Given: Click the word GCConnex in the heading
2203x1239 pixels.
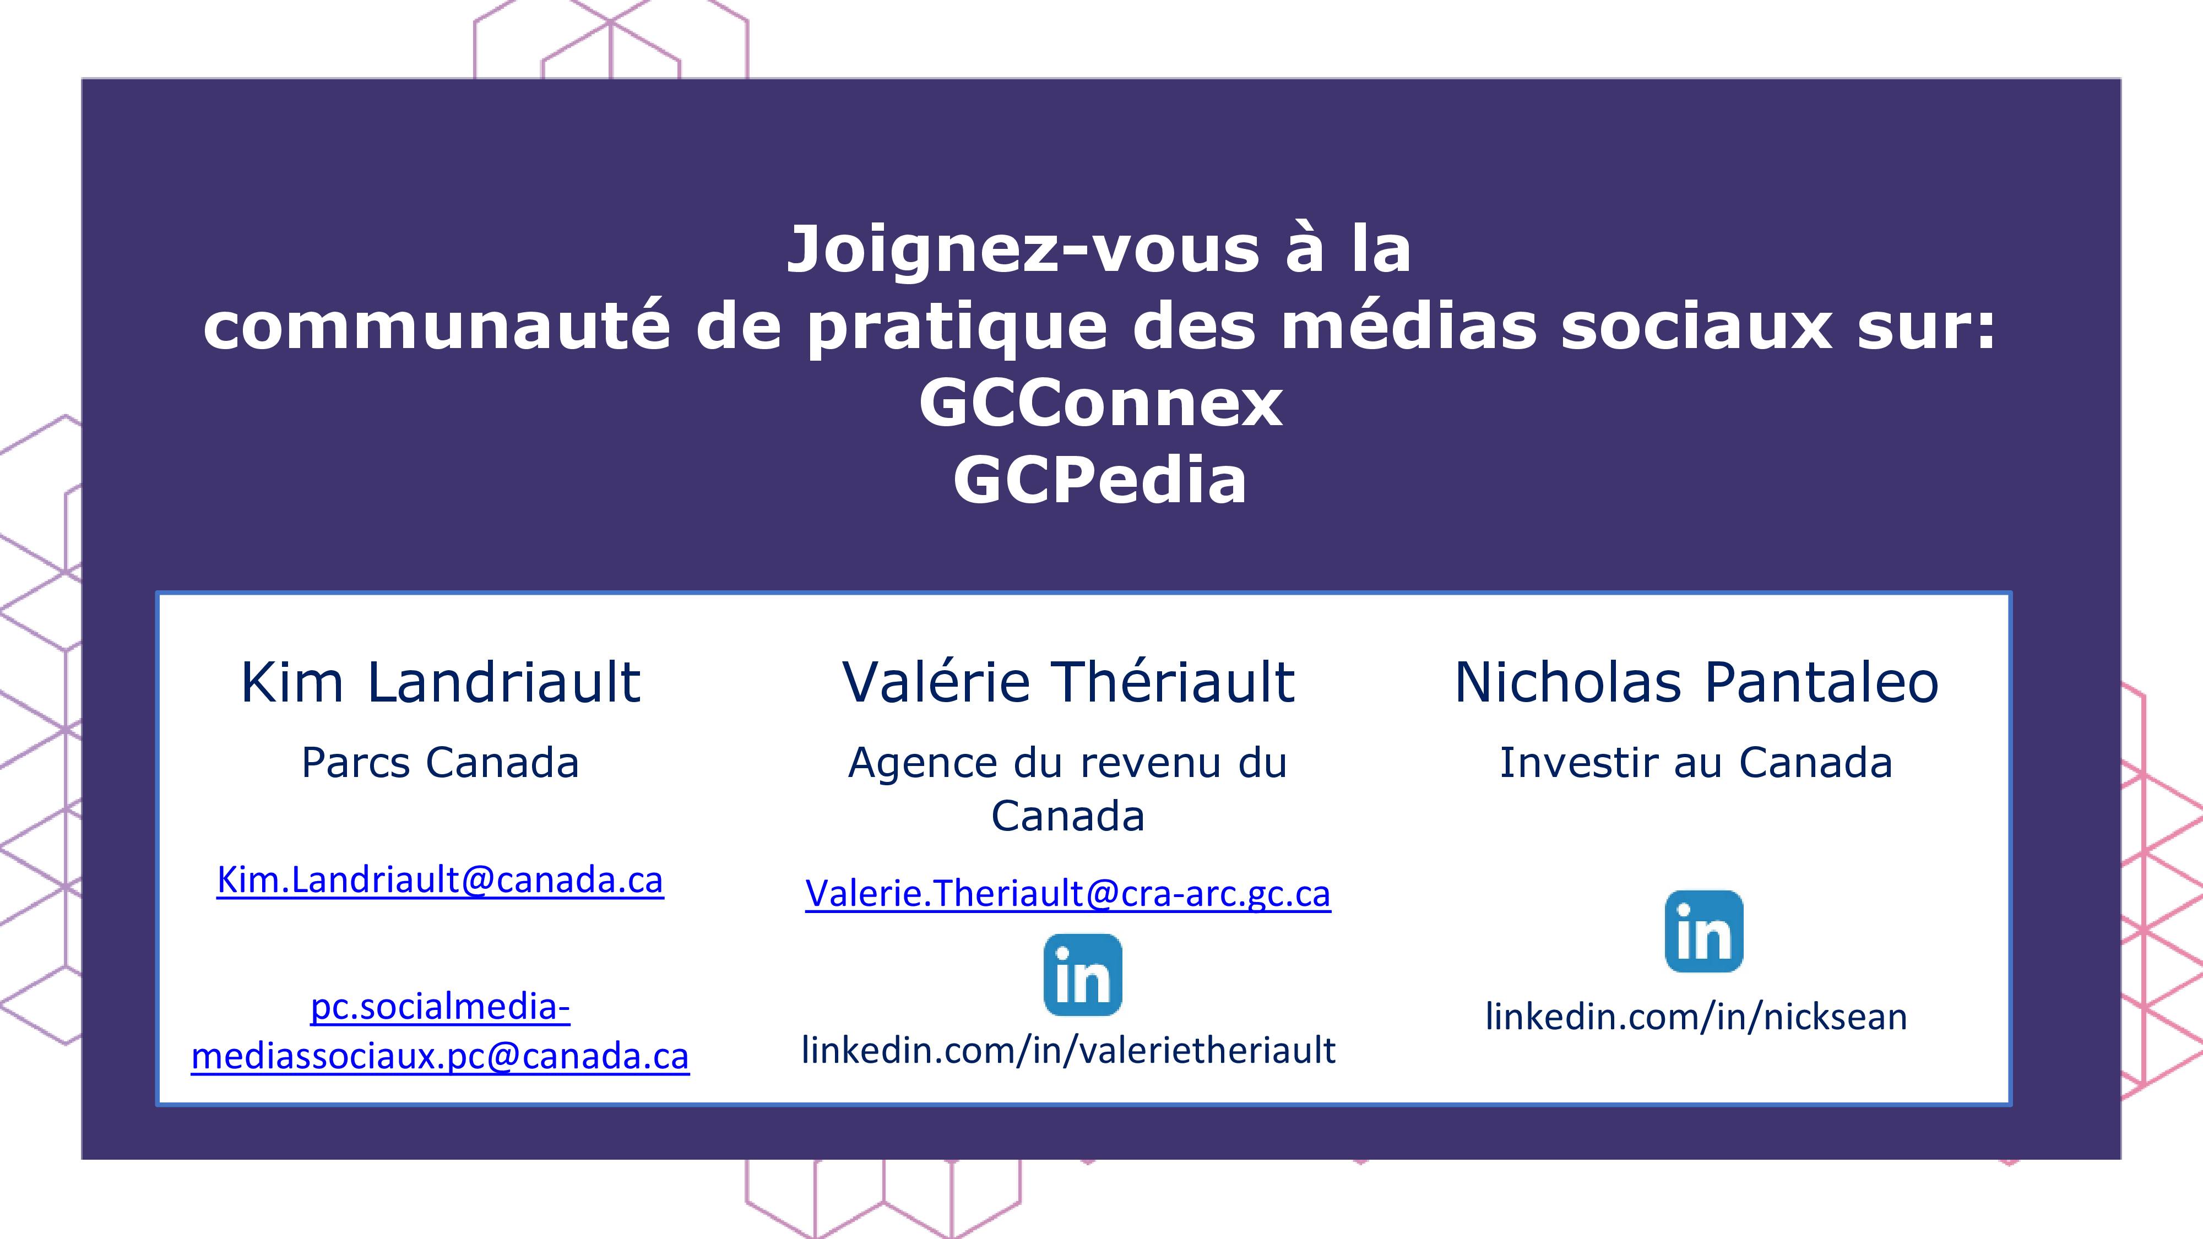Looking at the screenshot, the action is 1100,404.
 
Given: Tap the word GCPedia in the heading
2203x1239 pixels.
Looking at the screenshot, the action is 1100,480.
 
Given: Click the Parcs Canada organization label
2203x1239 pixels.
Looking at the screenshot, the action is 441,763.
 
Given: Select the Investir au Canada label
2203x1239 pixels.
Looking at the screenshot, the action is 1697,763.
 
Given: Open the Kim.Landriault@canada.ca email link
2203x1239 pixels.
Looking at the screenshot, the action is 441,880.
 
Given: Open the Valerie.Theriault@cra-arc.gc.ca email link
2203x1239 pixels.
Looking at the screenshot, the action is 1068,894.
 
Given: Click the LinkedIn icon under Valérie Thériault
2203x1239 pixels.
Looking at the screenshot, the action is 1083,975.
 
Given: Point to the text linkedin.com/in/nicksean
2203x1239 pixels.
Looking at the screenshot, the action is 1697,1017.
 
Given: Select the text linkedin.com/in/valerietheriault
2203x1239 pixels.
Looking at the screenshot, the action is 1068,1050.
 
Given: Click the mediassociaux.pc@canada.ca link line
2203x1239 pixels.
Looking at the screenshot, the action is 441,1057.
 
